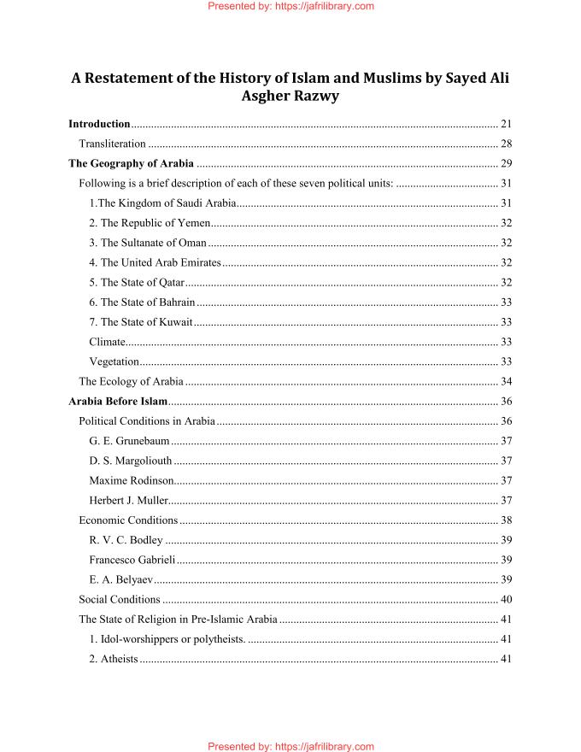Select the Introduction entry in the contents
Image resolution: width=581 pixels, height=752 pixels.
(x=99, y=124)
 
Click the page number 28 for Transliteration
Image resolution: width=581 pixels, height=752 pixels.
(x=505, y=144)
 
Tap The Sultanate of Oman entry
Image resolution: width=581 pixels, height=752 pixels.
(x=147, y=243)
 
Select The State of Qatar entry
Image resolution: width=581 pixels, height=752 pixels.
(x=137, y=282)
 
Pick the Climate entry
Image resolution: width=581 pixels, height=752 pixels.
(x=107, y=342)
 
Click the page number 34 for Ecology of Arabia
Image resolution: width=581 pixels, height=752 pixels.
(x=505, y=381)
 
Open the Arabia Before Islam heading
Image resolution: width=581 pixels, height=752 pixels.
(x=118, y=401)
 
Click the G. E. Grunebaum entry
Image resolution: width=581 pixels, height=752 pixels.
(x=129, y=441)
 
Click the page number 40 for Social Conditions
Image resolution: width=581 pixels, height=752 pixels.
(x=505, y=599)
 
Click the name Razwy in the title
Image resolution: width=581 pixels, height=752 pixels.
(x=315, y=96)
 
